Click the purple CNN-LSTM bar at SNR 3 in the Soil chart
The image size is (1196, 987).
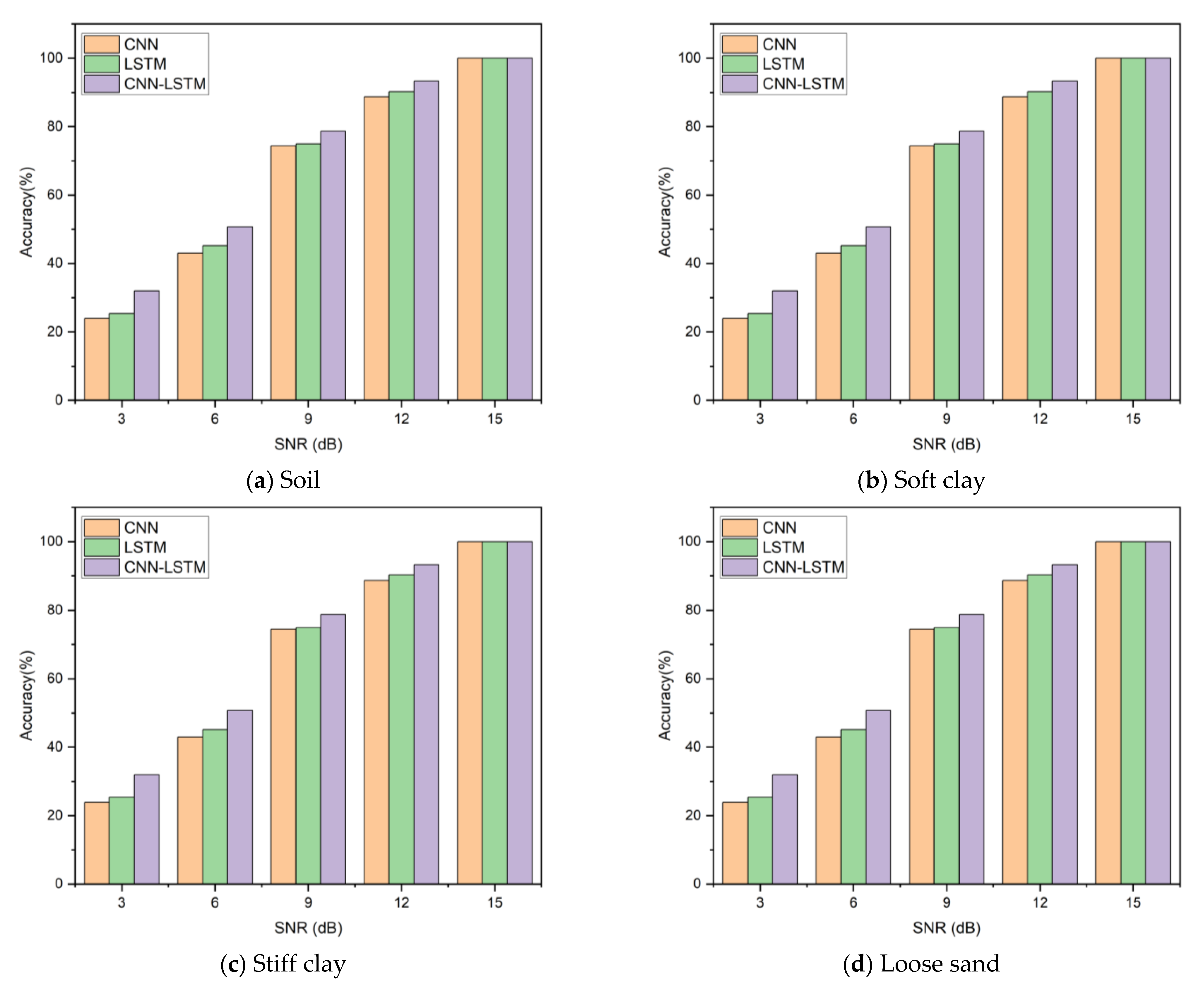pyautogui.click(x=147, y=346)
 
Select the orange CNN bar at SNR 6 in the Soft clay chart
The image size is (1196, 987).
pyautogui.click(x=828, y=327)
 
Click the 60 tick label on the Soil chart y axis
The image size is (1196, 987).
pyautogui.click(x=54, y=195)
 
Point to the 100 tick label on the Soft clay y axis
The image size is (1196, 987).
pyautogui.click(x=690, y=58)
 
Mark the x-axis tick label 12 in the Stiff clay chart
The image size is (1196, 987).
pyautogui.click(x=401, y=903)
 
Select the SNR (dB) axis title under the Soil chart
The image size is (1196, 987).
pyautogui.click(x=308, y=444)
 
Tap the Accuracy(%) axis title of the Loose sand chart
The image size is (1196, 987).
pyautogui.click(x=665, y=695)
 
